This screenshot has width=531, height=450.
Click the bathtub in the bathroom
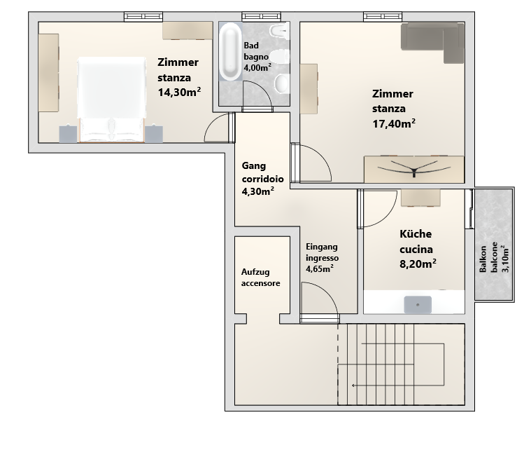coord(231,52)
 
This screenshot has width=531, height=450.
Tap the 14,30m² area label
coord(179,92)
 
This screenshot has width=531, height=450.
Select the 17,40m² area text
coord(394,123)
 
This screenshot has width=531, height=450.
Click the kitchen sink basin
coord(418,305)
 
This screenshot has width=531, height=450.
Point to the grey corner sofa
coord(432,40)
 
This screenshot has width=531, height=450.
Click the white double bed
coord(111,100)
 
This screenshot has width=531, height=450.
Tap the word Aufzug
coord(255,272)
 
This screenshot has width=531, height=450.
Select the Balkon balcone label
coord(488,259)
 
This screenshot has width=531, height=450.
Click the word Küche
coord(416,234)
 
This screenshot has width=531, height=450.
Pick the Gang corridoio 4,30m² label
coord(262,179)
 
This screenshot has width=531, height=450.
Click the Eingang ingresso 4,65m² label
coord(322,258)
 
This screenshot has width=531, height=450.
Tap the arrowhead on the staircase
coord(353,386)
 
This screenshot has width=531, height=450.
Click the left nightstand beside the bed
coord(68,134)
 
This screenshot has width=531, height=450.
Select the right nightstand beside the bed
coord(154,134)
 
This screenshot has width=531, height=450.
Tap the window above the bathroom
coord(261,16)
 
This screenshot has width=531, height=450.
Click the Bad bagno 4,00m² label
coord(257,57)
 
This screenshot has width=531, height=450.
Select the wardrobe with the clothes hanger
coord(414,169)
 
